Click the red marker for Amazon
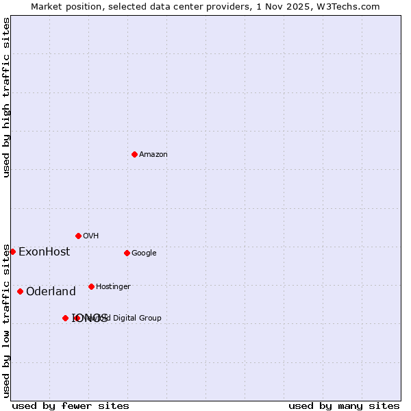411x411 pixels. click(x=134, y=154)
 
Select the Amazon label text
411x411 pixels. click(x=153, y=155)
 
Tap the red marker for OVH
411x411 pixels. click(x=78, y=236)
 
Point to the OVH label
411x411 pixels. click(x=91, y=236)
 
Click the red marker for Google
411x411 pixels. click(x=127, y=253)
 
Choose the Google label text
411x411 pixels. click(x=144, y=253)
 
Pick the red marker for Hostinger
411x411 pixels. click(x=91, y=286)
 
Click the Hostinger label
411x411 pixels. click(x=113, y=287)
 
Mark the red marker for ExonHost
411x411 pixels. click(x=12, y=251)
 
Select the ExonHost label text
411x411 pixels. click(x=44, y=252)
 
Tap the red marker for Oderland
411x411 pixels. click(x=20, y=291)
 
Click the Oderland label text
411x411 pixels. click(x=51, y=292)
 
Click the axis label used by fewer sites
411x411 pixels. click(x=71, y=406)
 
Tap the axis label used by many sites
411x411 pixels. click(x=344, y=406)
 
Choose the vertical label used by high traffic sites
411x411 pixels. click(x=6, y=97)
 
